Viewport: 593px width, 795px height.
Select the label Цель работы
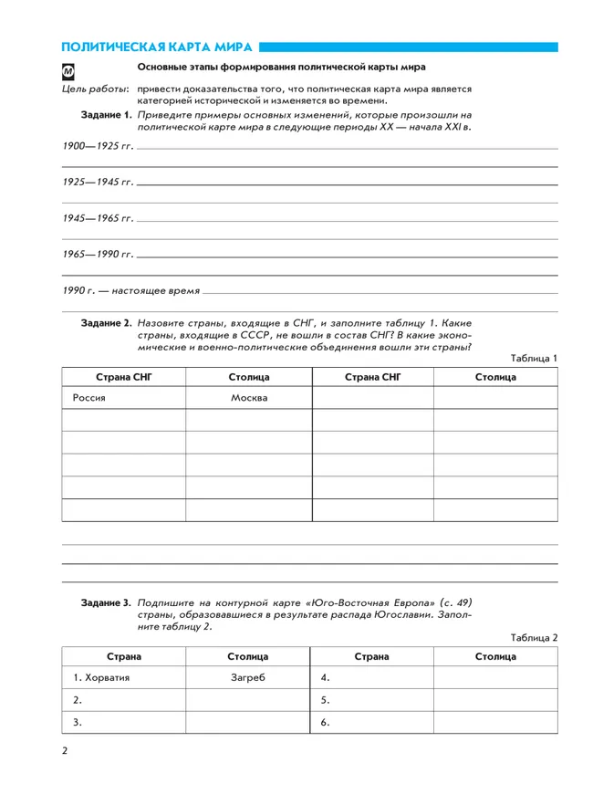click(95, 90)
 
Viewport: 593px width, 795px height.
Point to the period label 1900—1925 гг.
click(97, 146)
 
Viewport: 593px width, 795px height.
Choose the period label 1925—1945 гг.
click(97, 183)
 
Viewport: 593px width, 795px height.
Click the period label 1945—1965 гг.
click(97, 218)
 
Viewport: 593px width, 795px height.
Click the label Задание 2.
click(107, 322)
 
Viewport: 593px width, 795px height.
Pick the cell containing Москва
click(248, 399)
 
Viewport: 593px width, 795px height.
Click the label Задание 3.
click(107, 603)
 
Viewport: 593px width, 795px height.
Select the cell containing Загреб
click(248, 678)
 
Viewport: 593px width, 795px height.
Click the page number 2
click(65, 752)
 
